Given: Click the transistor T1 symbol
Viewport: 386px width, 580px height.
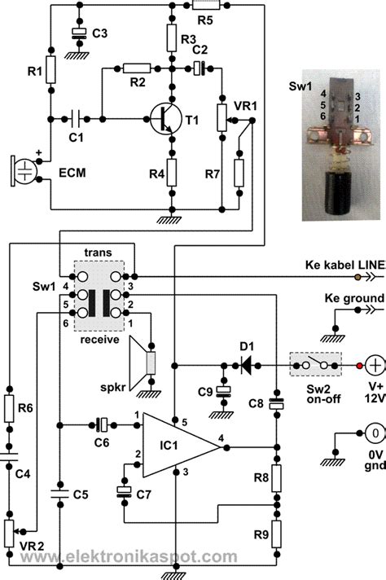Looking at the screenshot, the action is [166, 120].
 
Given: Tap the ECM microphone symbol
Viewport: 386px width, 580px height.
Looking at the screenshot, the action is [24, 171].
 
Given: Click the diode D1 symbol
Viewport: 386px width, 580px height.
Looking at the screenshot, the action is [246, 366].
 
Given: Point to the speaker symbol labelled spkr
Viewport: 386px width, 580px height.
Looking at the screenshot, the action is [143, 363].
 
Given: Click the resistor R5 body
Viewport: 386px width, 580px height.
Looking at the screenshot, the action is [206, 5].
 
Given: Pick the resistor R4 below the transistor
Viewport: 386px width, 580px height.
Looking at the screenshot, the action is [172, 173].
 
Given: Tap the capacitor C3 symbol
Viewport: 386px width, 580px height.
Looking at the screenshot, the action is [79, 33].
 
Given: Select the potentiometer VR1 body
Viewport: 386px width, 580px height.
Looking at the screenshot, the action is [222, 117].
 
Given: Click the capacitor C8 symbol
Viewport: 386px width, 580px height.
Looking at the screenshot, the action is [276, 403].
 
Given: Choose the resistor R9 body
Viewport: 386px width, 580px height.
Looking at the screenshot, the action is [276, 534].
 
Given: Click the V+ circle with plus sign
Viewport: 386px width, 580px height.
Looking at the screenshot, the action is [375, 366].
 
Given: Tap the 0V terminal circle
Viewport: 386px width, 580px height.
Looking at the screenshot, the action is [375, 433].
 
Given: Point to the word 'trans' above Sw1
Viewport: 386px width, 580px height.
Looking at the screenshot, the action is [98, 253].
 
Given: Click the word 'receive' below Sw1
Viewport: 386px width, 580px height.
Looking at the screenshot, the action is [100, 339].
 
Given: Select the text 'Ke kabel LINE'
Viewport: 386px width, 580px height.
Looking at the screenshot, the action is [346, 265].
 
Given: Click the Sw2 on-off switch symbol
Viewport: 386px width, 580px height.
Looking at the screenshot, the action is [315, 364].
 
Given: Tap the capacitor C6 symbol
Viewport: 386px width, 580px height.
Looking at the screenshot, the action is [101, 425].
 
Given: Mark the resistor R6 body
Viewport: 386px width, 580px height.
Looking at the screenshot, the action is [9, 408].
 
